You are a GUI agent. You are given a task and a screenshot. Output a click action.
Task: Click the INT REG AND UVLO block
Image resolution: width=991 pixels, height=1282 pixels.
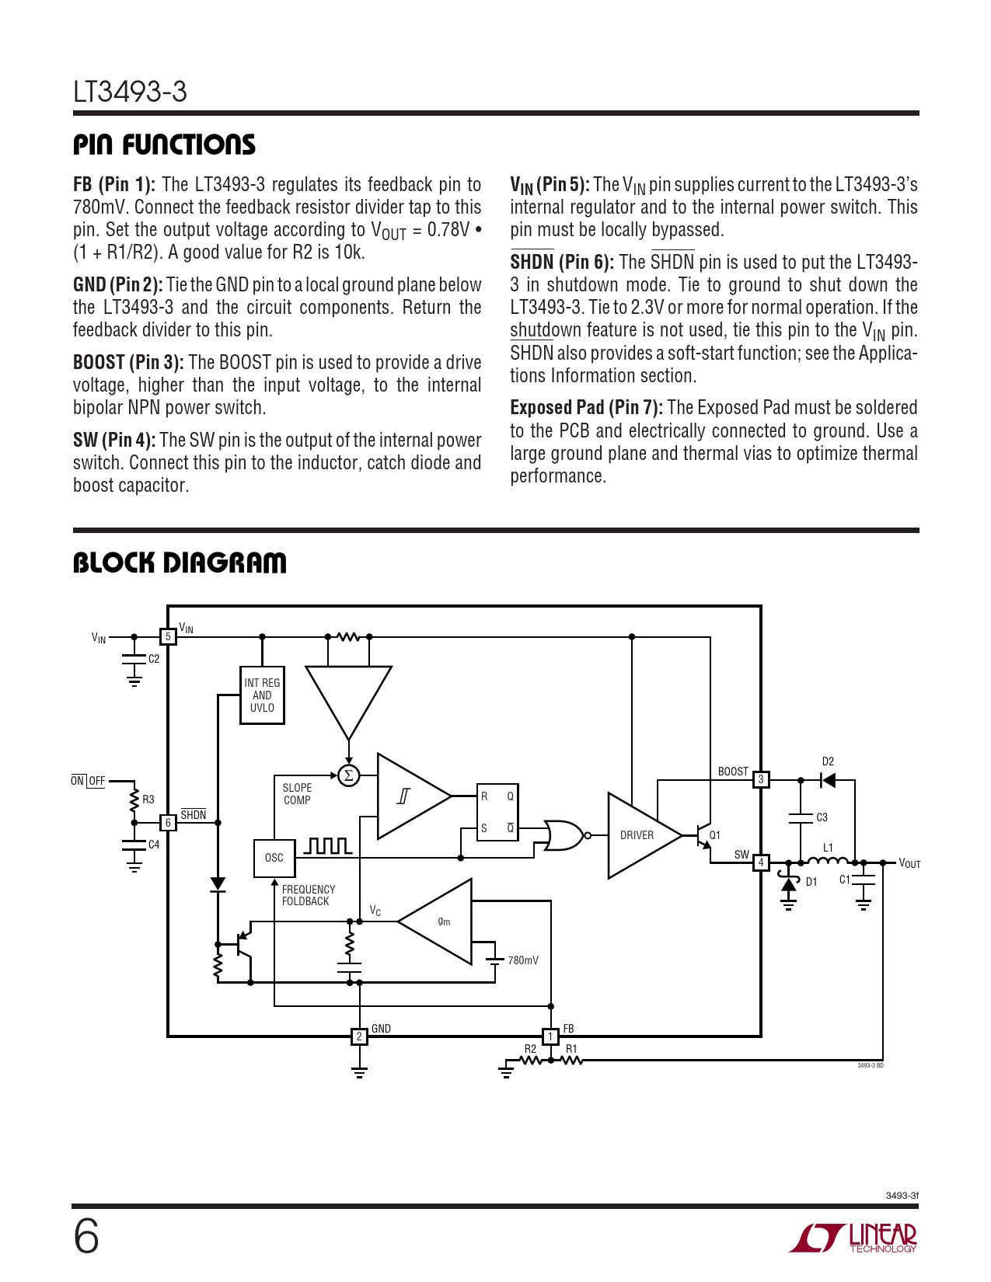pyautogui.click(x=262, y=695)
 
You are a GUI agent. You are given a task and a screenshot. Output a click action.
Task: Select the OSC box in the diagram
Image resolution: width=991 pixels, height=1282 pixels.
pyautogui.click(x=274, y=858)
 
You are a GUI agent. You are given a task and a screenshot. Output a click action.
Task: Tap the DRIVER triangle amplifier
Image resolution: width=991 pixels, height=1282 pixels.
pyautogui.click(x=644, y=835)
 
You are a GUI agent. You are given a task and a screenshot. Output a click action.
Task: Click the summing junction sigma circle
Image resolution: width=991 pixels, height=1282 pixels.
pyautogui.click(x=349, y=775)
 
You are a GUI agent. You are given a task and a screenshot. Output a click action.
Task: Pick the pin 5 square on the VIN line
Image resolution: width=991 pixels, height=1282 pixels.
pyautogui.click(x=168, y=636)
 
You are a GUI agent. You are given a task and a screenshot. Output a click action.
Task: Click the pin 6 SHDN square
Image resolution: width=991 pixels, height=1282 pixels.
pyautogui.click(x=168, y=822)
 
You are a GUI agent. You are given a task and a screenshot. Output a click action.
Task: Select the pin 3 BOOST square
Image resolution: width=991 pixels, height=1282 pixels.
pyautogui.click(x=761, y=779)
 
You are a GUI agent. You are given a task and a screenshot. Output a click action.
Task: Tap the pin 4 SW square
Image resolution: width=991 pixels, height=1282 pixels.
pyautogui.click(x=761, y=862)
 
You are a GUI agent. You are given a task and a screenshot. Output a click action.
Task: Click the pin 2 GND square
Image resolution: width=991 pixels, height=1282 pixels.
pyautogui.click(x=359, y=1036)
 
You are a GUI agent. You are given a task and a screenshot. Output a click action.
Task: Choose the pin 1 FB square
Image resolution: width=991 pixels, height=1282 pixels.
pyautogui.click(x=550, y=1036)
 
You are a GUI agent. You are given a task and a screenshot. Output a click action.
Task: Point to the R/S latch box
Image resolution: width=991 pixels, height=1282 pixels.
pyautogui.click(x=497, y=812)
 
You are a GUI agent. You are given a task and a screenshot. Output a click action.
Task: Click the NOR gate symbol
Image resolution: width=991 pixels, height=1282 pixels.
pyautogui.click(x=565, y=834)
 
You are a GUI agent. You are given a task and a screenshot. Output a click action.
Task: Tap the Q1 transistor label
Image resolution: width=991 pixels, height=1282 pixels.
pyautogui.click(x=715, y=834)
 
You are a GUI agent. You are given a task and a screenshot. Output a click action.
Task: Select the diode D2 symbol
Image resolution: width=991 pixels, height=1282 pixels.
pyautogui.click(x=828, y=780)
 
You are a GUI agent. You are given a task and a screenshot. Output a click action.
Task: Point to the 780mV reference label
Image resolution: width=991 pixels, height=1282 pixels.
pyautogui.click(x=523, y=960)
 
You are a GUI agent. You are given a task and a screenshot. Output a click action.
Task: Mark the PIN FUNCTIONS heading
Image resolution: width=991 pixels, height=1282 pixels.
pyautogui.click(x=164, y=145)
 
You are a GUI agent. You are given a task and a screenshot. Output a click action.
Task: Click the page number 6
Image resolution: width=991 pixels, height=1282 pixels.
pyautogui.click(x=86, y=1237)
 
